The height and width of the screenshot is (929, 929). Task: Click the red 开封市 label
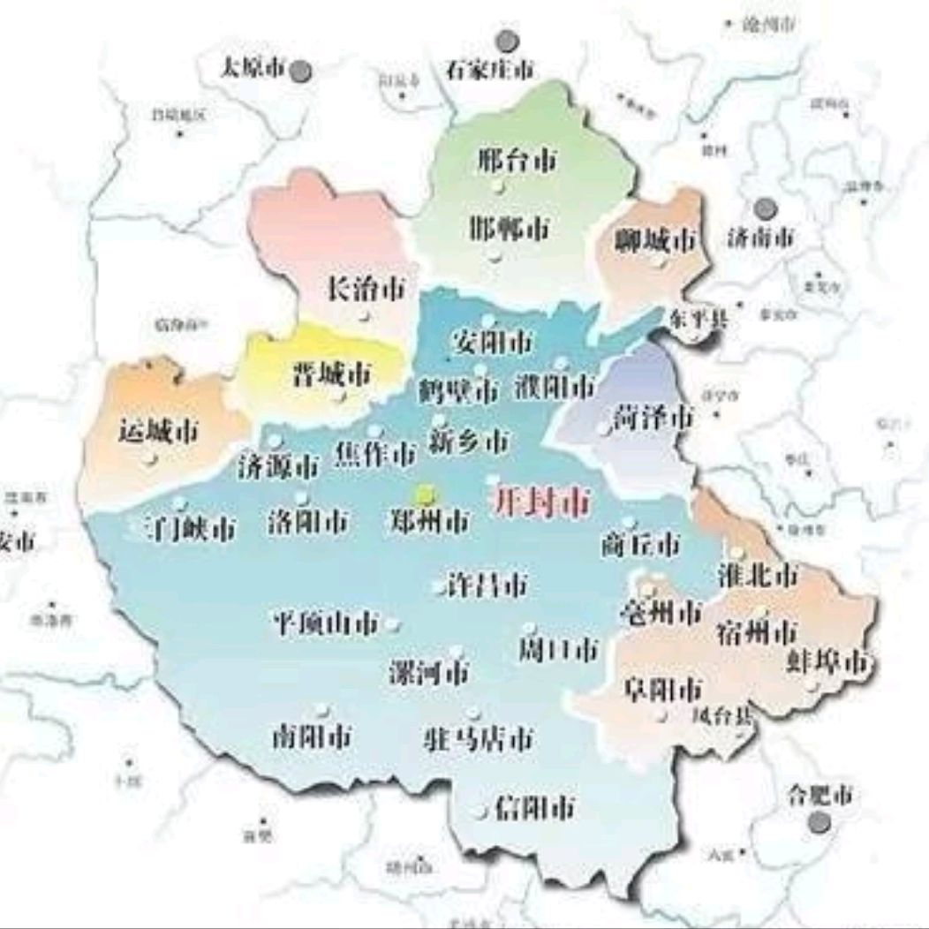point(539,502)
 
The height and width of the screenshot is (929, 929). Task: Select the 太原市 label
point(254,68)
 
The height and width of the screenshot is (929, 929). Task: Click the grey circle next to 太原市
point(302,70)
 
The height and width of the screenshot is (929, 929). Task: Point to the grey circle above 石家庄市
point(506,41)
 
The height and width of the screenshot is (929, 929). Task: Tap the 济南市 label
point(760,237)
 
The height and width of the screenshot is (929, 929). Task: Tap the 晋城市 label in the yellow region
point(331,374)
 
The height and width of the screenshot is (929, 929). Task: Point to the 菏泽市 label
point(653,419)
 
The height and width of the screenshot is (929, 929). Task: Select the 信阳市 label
point(535,806)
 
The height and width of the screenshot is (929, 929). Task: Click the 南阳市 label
point(312,736)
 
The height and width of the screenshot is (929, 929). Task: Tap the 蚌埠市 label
point(827,661)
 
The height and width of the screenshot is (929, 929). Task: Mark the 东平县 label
point(699,319)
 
